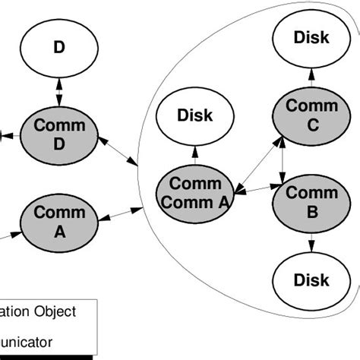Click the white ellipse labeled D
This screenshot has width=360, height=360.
tap(59, 48)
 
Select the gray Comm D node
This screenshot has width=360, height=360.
tap(59, 134)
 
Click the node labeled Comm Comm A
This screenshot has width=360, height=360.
tap(195, 193)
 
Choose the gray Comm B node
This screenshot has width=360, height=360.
tap(311, 203)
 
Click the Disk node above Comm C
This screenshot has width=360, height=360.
tap(311, 37)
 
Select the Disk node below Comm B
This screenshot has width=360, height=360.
tap(311, 280)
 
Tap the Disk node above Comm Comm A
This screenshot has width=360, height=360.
tap(195, 116)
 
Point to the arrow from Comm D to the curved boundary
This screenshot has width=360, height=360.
tap(117, 150)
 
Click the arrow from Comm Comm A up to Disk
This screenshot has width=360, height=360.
tap(195, 156)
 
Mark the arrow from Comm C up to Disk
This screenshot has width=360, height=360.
tap(311, 76)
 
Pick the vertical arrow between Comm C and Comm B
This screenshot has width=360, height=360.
tap(283, 162)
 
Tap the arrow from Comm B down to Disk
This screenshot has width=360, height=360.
tap(311, 242)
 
